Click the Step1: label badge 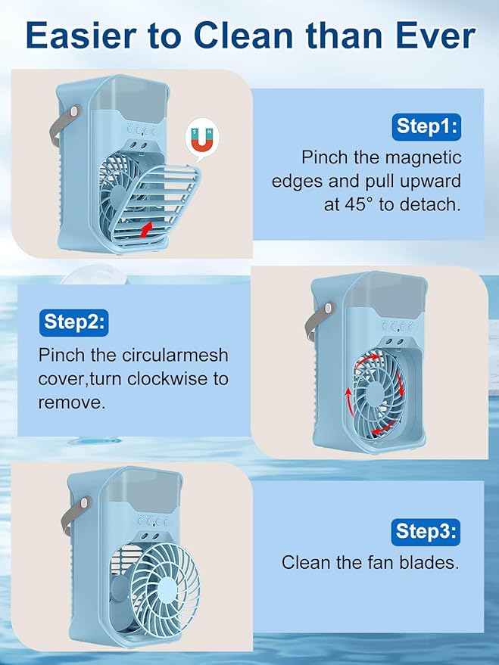tap(426, 127)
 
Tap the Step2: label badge tap(74, 322)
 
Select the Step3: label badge tap(426, 532)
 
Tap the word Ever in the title tap(435, 36)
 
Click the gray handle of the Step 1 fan tap(64, 124)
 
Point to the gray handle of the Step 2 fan tap(318, 319)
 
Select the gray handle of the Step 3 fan tap(74, 516)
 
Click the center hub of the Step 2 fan tap(374, 394)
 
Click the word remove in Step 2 tap(71, 403)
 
